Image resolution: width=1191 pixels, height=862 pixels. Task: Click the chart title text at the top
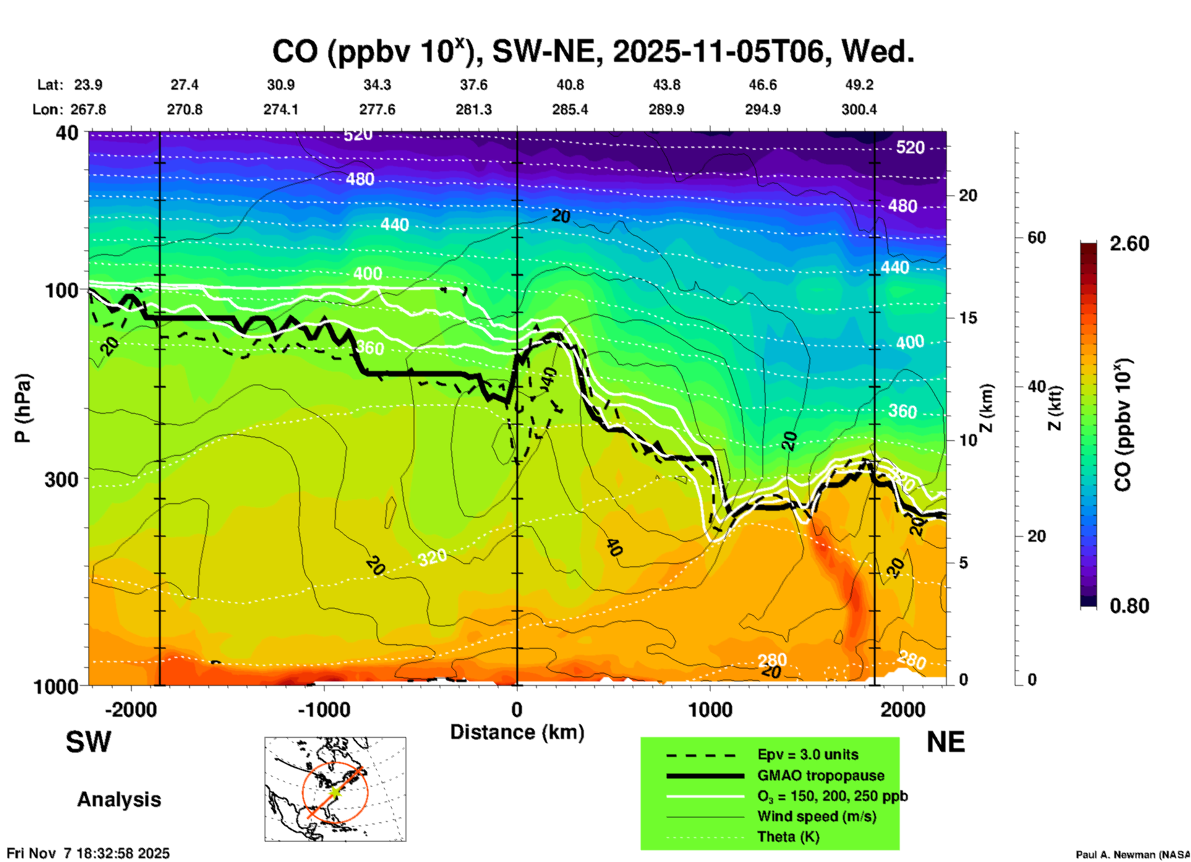tap(592, 52)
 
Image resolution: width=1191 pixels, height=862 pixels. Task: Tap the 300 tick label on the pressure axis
tap(61, 479)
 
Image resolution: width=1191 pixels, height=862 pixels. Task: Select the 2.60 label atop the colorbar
tap(1129, 244)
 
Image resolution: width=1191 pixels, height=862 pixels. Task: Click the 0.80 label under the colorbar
tap(1129, 606)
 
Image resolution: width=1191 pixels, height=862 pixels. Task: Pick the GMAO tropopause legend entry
tap(821, 775)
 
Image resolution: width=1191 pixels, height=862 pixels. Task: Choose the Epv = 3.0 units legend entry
tap(808, 755)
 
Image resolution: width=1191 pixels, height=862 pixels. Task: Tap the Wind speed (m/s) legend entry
tap(816, 816)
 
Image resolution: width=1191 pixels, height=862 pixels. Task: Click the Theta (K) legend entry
tap(788, 837)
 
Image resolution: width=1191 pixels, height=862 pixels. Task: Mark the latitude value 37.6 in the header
tap(474, 85)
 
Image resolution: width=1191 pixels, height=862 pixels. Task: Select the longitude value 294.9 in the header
tap(762, 109)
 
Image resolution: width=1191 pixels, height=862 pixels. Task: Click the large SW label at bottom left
tap(88, 743)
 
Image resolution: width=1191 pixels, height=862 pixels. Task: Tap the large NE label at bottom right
tap(946, 743)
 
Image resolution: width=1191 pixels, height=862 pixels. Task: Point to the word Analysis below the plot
tap(119, 800)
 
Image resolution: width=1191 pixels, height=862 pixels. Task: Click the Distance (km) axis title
tap(517, 732)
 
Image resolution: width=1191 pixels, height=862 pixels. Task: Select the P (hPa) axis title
tap(23, 408)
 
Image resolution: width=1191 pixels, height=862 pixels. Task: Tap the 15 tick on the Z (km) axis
tap(968, 318)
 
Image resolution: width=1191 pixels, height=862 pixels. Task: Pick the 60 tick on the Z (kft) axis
tap(1036, 237)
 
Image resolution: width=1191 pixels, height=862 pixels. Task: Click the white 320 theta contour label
tap(432, 558)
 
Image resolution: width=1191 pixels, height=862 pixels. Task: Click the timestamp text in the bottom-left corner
tap(88, 853)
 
